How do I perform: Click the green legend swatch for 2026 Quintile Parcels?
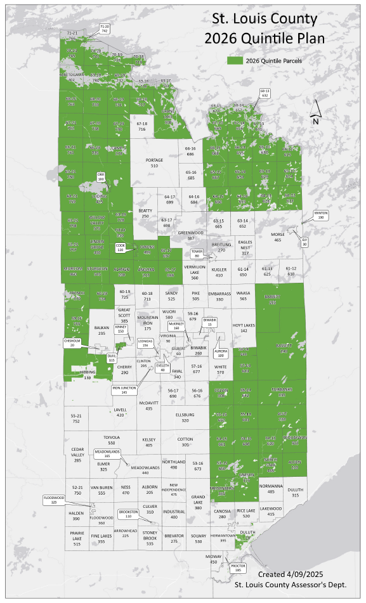coord(235,61)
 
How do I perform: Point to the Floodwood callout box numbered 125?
coord(53,499)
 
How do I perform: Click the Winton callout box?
coord(321,215)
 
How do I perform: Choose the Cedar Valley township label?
coord(77,455)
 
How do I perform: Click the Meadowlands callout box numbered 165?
coord(107,454)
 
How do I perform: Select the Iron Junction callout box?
coord(124,391)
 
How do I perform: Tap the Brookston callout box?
coord(128,514)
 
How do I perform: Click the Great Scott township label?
coord(124,315)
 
